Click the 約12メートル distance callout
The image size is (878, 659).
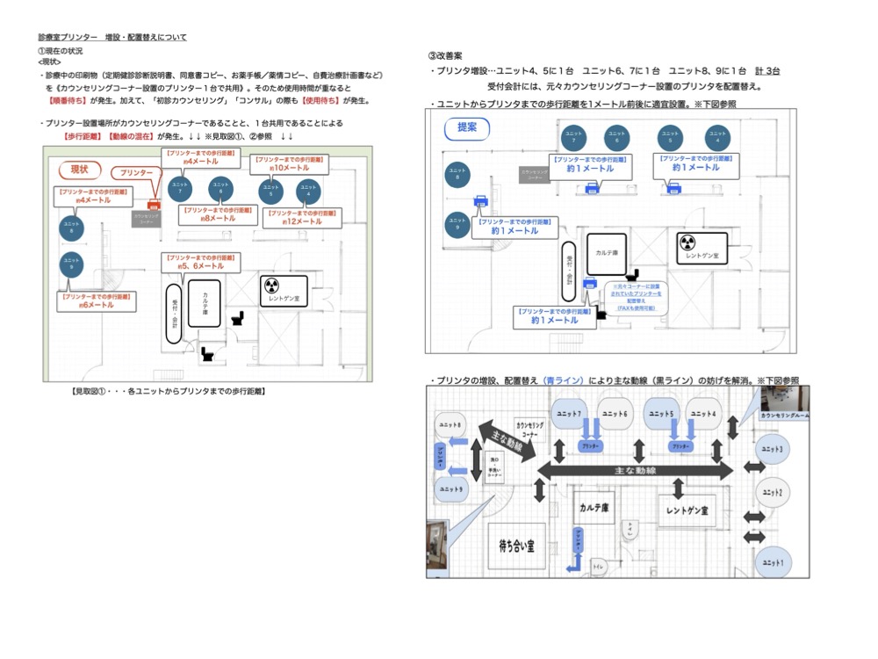(x=301, y=217)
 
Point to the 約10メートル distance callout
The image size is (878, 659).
(x=289, y=163)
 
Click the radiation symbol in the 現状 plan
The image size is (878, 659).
(x=272, y=286)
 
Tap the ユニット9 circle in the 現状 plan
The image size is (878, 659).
(x=70, y=264)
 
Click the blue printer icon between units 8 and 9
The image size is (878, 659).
(x=480, y=200)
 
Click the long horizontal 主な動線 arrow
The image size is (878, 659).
(x=635, y=471)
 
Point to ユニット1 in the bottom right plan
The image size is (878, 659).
(x=772, y=561)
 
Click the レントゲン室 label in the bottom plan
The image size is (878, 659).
(x=688, y=510)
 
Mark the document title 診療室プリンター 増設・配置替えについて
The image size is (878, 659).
(x=112, y=38)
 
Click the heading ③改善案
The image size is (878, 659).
(x=446, y=55)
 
